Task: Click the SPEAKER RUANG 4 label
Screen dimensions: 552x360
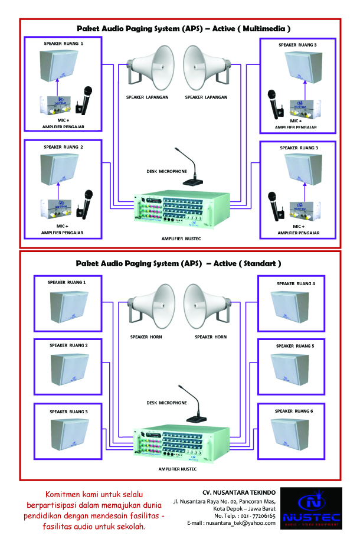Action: pyautogui.click(x=296, y=284)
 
